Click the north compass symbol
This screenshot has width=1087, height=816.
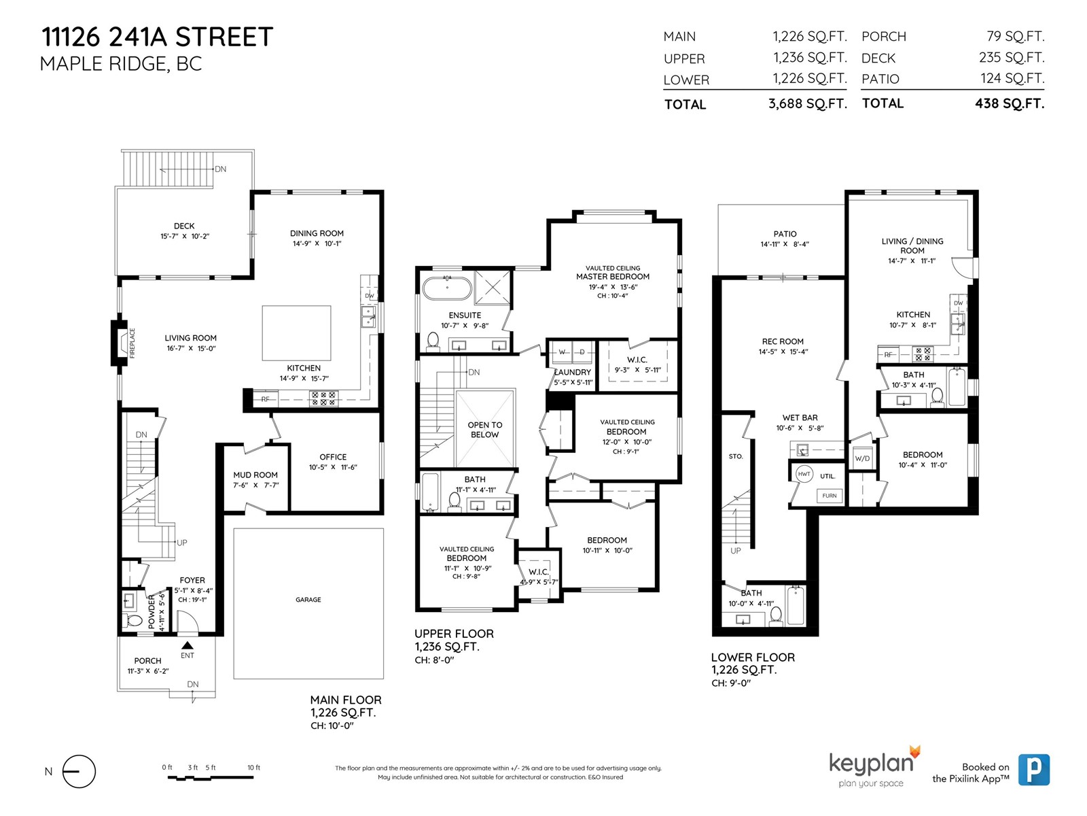79,771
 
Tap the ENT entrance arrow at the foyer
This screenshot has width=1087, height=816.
188,645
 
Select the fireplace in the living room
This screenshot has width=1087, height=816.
120,343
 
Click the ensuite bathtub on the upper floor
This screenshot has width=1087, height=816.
446,288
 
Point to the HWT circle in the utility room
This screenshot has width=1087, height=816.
804,474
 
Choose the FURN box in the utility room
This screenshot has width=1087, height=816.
829,496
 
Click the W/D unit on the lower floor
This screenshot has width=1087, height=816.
862,458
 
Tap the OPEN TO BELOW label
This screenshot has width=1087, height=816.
485,430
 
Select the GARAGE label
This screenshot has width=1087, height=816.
308,600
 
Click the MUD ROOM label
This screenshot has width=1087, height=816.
255,475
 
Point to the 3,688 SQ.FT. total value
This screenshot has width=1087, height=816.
808,103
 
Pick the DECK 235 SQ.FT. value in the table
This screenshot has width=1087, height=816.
1012,58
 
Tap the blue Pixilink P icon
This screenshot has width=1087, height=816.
1033,770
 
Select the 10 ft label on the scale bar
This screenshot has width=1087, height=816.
253,768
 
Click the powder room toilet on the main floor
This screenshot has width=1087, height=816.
133,619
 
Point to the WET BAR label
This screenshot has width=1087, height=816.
800,418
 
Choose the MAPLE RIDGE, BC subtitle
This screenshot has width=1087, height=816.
121,64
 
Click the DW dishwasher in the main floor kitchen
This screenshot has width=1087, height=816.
370,296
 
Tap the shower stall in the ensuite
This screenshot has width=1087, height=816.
493,287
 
